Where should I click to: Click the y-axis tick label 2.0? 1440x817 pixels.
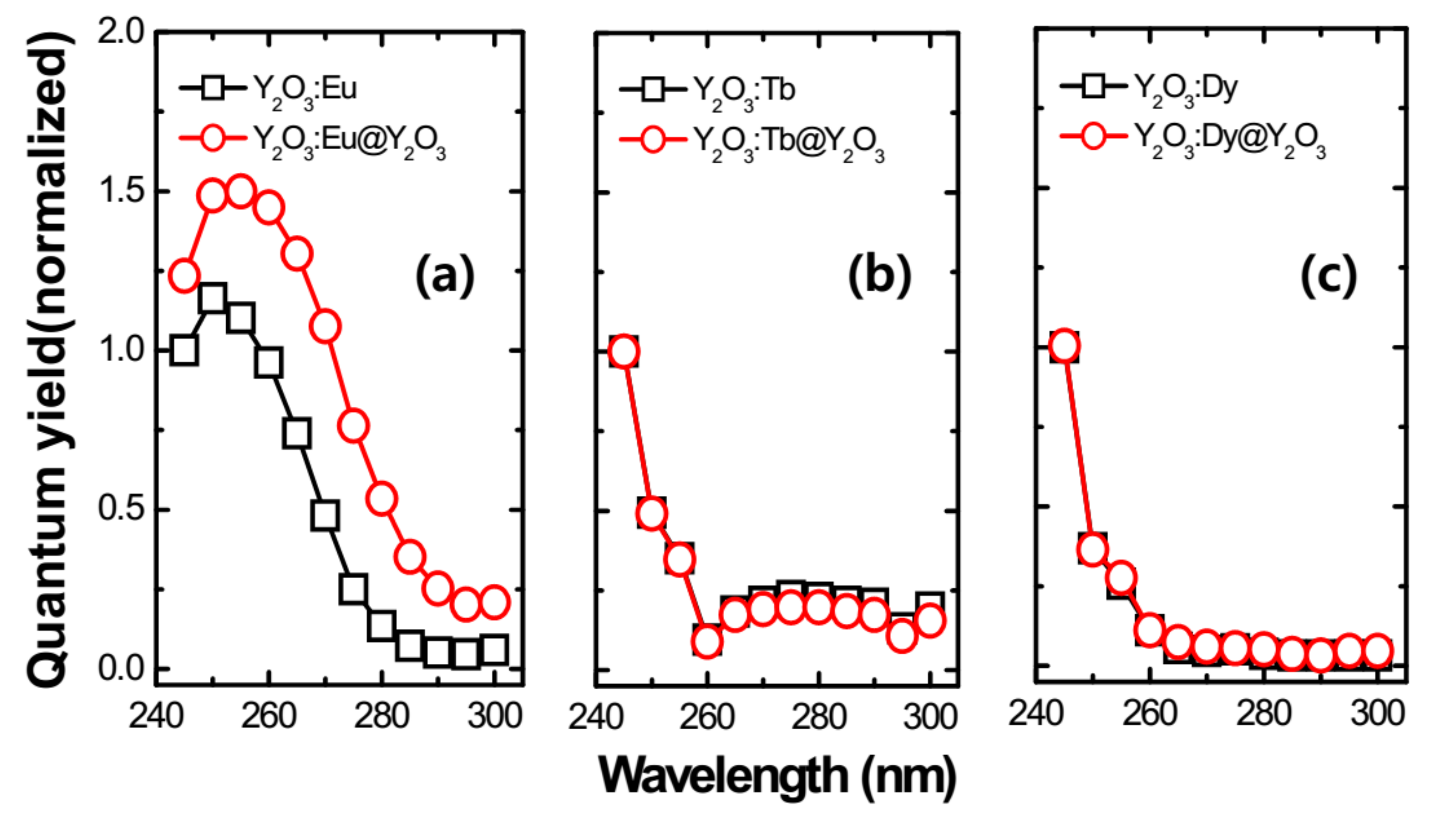click(x=120, y=32)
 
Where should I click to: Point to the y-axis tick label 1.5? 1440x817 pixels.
click(x=120, y=191)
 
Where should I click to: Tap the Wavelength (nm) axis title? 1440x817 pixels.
click(x=777, y=776)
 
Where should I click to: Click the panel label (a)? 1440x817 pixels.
click(x=444, y=274)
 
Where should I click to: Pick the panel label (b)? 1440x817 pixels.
click(x=879, y=275)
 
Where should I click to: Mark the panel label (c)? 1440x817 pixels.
click(x=1328, y=275)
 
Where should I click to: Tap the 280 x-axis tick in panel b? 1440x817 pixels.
click(x=818, y=717)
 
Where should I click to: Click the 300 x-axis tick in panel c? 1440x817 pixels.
click(x=1377, y=714)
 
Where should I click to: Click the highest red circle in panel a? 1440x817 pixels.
click(x=241, y=191)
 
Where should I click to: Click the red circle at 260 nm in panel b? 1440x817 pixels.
click(x=707, y=642)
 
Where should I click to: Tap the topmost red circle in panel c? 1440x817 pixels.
click(x=1064, y=346)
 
